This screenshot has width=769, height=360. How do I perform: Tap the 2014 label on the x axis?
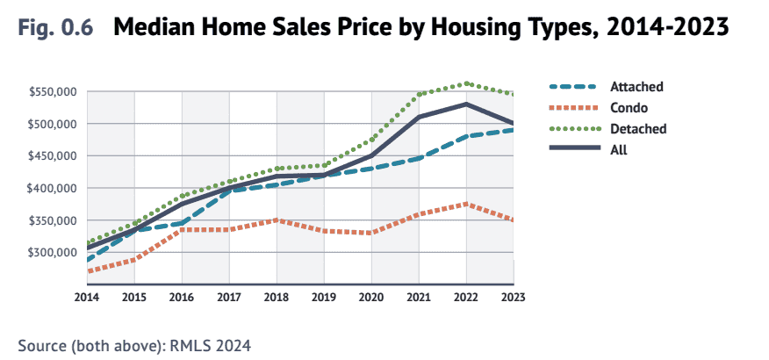coord(87,298)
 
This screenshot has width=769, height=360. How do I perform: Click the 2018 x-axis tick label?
coord(277,298)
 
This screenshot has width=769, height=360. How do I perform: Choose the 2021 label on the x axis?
coord(419,298)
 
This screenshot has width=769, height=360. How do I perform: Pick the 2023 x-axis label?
coord(513,298)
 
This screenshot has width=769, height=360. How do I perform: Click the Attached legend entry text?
coord(636,87)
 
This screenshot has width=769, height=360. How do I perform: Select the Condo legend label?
coord(629,108)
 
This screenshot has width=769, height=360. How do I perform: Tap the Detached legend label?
coord(638,129)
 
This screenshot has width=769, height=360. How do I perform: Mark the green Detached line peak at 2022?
coord(466,84)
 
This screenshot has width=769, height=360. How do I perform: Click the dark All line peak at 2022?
coord(466,104)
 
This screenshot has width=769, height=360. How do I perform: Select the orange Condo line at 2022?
coord(466,204)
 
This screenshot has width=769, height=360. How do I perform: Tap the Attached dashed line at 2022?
coord(466,137)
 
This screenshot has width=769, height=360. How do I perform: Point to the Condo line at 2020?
coord(371,233)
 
